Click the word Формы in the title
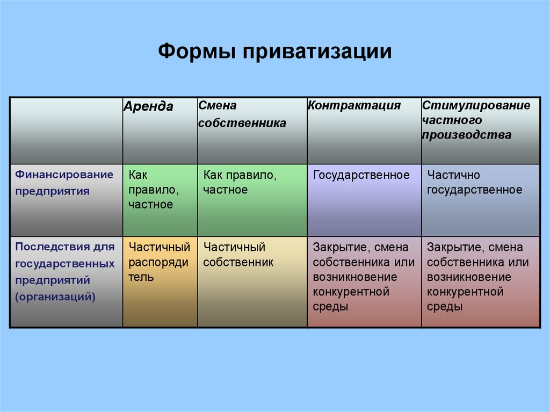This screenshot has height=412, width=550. (197, 52)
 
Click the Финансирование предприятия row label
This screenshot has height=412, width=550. (64, 183)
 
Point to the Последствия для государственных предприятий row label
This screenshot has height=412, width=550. (65, 272)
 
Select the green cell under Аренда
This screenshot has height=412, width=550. (160, 200)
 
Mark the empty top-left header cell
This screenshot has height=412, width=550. (66, 131)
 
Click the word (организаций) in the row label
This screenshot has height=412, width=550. (55, 297)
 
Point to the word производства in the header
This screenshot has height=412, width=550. (467, 135)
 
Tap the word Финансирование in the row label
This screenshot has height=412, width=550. (64, 175)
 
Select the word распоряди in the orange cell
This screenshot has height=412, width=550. (158, 263)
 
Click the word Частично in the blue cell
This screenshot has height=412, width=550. (453, 175)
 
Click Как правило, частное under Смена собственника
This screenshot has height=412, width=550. (240, 182)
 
